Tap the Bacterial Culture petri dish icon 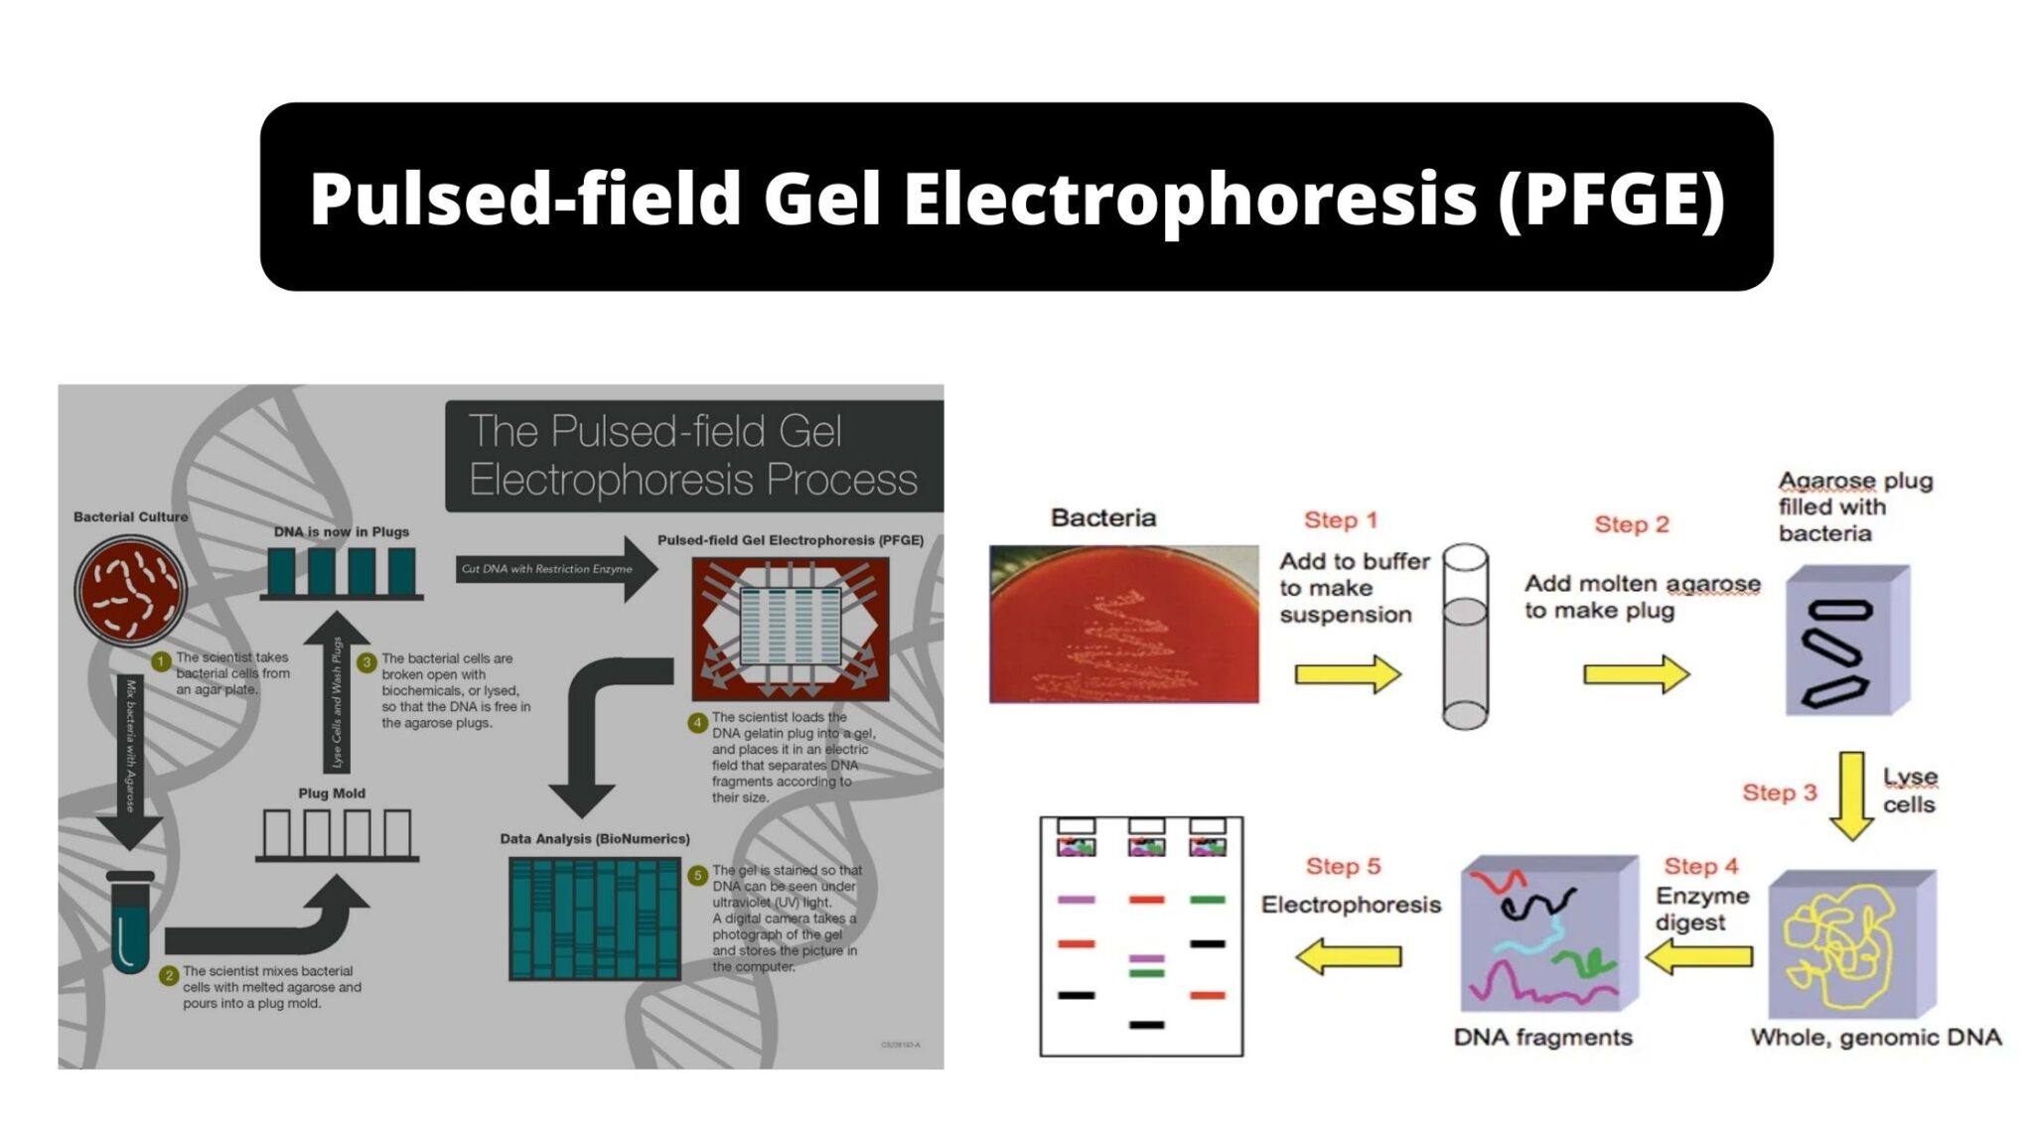130,591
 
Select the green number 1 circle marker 161,661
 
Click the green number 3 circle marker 366,662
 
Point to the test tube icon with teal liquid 130,924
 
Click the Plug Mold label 332,793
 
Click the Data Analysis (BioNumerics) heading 594,839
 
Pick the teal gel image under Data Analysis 594,919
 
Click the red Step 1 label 1340,520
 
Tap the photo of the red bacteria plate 1123,625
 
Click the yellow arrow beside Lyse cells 1851,795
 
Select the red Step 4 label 1700,867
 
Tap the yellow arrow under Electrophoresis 1348,956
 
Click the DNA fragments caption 1542,1038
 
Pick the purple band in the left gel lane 1076,900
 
